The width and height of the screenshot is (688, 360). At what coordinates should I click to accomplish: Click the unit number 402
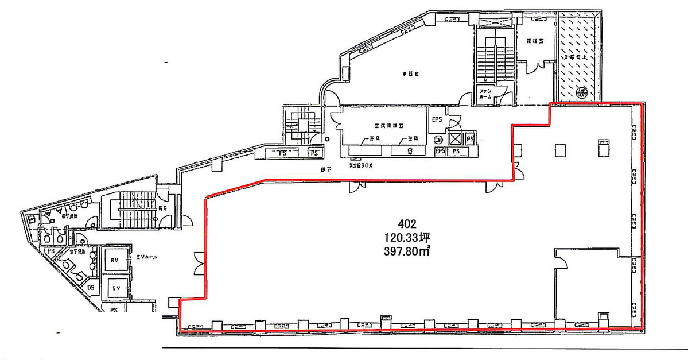click(x=407, y=223)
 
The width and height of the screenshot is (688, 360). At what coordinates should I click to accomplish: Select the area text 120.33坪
click(x=407, y=237)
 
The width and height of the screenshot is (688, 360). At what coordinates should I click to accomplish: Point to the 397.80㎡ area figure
click(x=407, y=251)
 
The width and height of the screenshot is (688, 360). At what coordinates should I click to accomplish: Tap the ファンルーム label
click(x=485, y=94)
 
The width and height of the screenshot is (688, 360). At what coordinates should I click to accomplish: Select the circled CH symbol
click(x=440, y=139)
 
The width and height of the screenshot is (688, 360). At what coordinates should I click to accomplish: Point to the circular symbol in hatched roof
click(x=581, y=93)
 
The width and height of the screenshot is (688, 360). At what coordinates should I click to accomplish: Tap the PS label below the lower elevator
click(x=114, y=309)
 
